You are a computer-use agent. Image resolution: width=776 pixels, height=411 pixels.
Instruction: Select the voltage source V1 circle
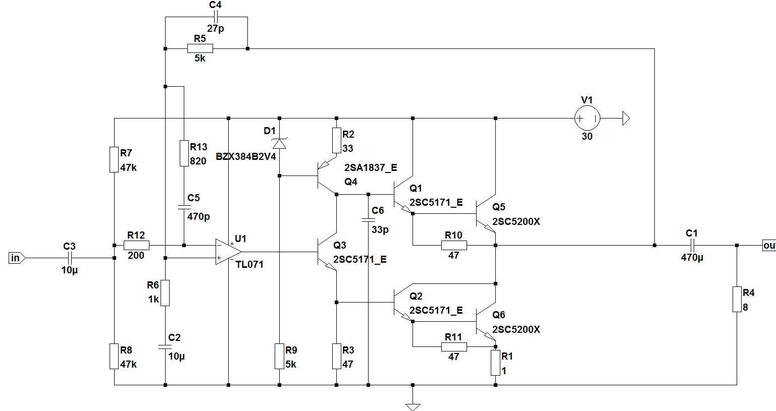pyautogui.click(x=587, y=119)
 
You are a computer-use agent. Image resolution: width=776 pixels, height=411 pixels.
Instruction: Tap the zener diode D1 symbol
pyautogui.click(x=279, y=143)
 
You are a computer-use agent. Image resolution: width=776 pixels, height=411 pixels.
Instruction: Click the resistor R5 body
pyautogui.click(x=200, y=48)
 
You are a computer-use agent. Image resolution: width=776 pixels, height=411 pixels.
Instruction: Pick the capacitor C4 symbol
pyautogui.click(x=215, y=17)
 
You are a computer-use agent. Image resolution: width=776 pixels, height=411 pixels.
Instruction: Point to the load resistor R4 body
pyautogui.click(x=737, y=300)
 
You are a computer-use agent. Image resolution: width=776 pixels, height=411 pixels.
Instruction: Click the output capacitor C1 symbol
pyautogui.click(x=692, y=246)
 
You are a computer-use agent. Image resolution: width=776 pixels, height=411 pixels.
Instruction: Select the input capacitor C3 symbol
pyautogui.click(x=70, y=258)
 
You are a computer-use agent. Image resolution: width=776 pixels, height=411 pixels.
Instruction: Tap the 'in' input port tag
pyautogui.click(x=16, y=258)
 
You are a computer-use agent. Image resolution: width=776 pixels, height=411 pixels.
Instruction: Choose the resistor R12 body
pyautogui.click(x=136, y=246)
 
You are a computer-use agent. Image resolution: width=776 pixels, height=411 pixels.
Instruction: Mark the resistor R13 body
pyautogui.click(x=184, y=153)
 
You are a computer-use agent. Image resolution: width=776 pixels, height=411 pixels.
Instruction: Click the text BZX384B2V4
pyautogui.click(x=246, y=157)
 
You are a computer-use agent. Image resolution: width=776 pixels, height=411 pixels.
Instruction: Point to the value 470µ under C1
pyautogui.click(x=692, y=257)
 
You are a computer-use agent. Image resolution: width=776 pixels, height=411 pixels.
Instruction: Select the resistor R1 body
pyautogui.click(x=495, y=363)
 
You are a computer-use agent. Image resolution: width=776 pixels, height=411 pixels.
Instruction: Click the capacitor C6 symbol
pyautogui.click(x=369, y=220)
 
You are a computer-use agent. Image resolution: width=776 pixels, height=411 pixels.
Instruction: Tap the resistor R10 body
pyautogui.click(x=453, y=246)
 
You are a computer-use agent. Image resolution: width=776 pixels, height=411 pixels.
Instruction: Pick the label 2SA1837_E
pyautogui.click(x=371, y=168)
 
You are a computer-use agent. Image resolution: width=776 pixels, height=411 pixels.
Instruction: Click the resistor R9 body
pyautogui.click(x=279, y=356)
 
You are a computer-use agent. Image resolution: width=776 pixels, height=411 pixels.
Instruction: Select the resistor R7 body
pyautogui.click(x=114, y=159)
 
